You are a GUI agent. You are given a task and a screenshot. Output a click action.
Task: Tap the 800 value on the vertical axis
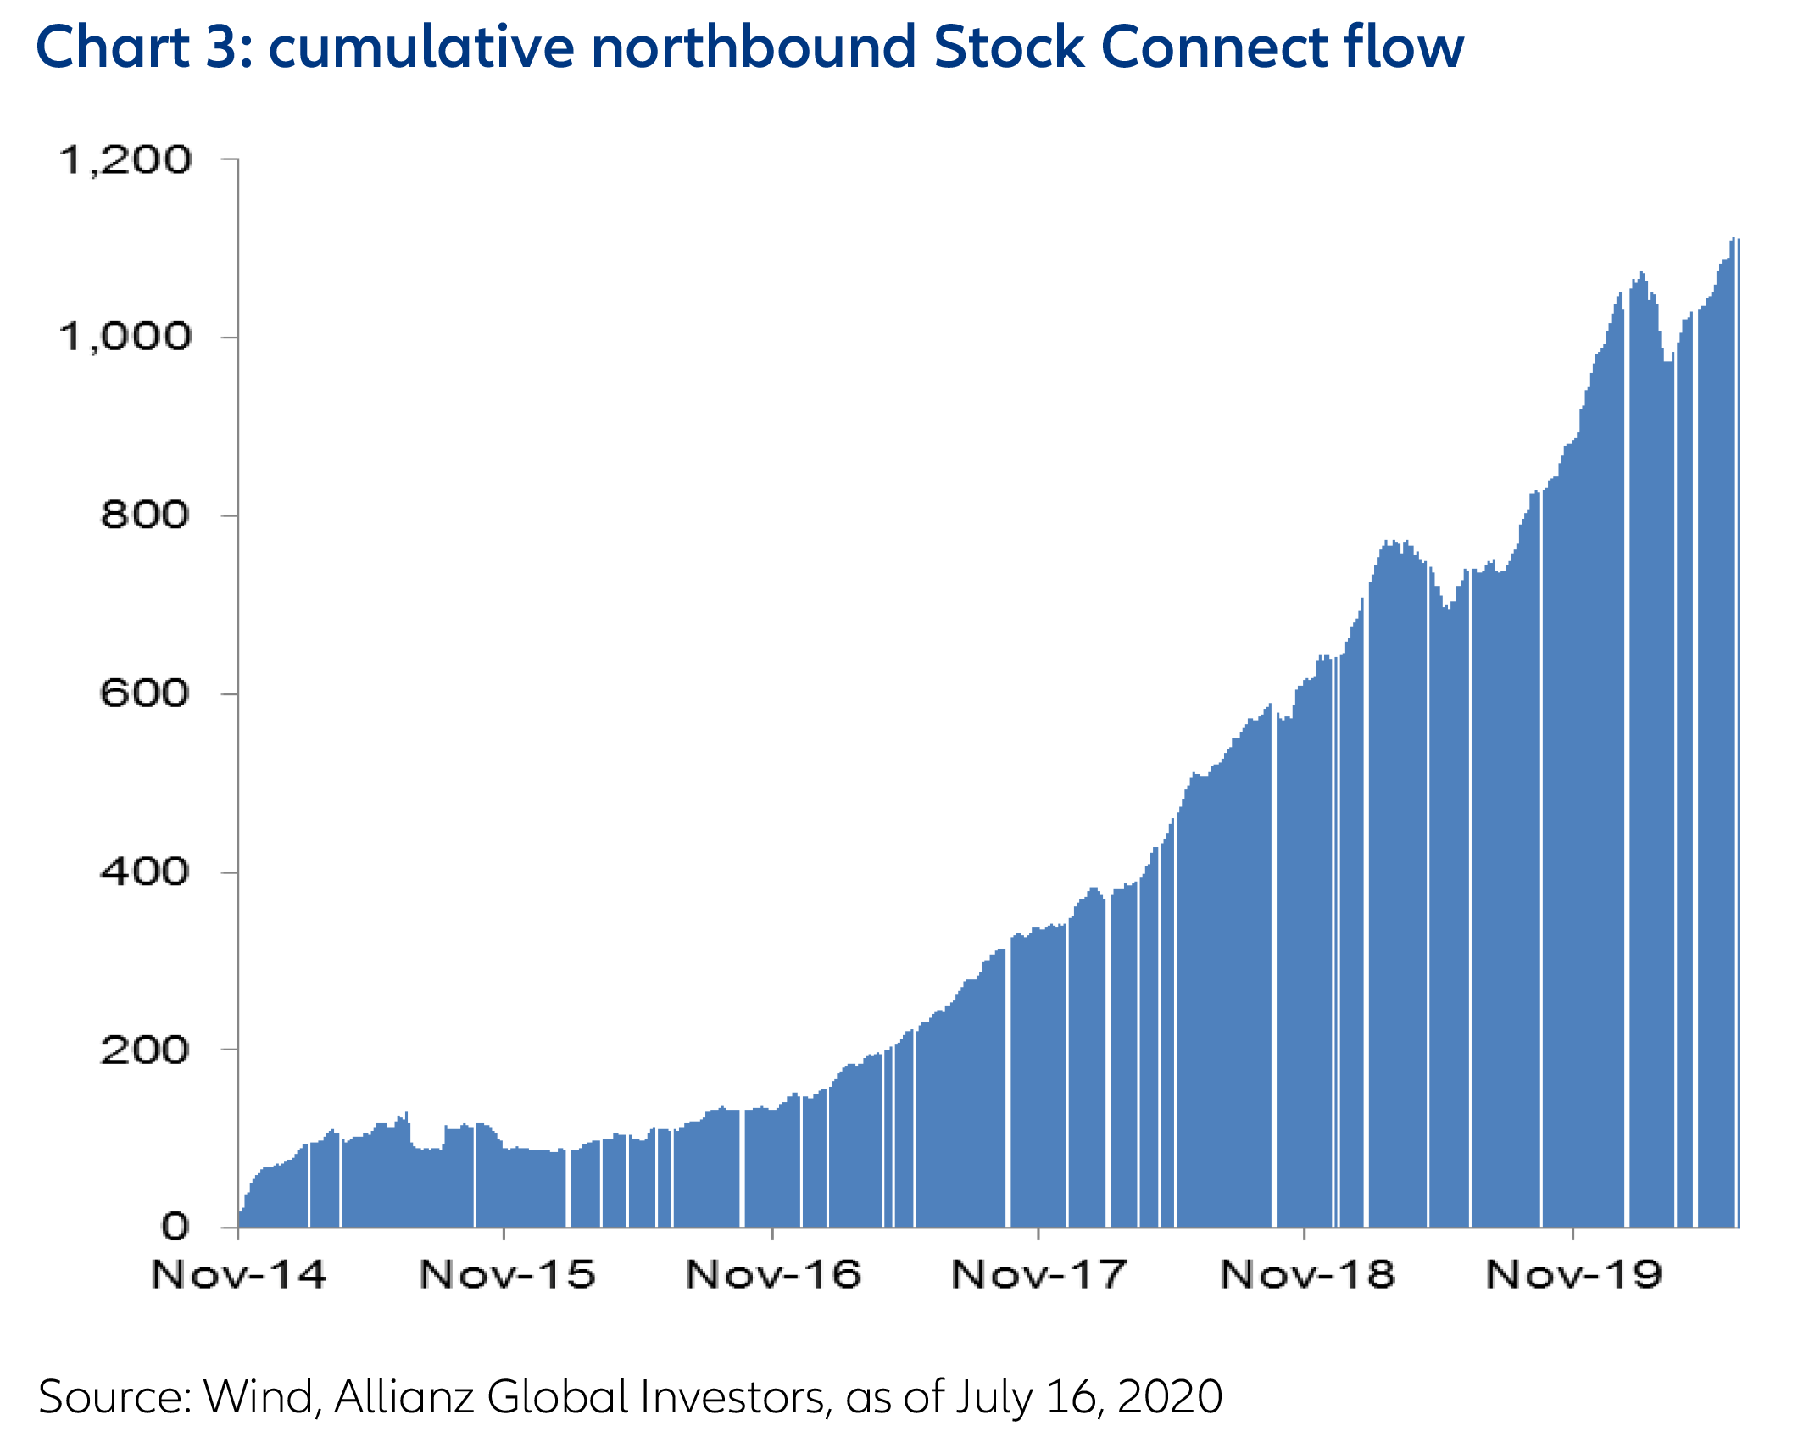point(145,515)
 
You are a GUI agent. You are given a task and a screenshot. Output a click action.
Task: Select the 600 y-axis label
point(145,693)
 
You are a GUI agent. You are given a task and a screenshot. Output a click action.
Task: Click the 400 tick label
point(145,871)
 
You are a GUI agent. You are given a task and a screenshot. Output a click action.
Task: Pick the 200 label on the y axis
point(145,1050)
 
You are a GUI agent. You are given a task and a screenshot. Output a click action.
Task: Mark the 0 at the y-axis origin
point(175,1226)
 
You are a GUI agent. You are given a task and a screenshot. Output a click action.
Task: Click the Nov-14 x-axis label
point(238,1274)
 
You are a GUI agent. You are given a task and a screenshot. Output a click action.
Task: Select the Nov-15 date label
point(507,1274)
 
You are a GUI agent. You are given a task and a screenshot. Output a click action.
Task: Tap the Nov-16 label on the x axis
point(773,1274)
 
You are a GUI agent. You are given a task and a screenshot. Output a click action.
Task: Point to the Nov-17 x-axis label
point(1039,1274)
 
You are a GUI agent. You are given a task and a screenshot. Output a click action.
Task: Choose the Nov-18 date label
point(1307,1274)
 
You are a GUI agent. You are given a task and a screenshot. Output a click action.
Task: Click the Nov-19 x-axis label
point(1574,1274)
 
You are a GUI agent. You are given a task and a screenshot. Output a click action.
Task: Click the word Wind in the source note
point(259,1396)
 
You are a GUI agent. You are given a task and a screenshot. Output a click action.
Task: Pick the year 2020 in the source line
point(1170,1396)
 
